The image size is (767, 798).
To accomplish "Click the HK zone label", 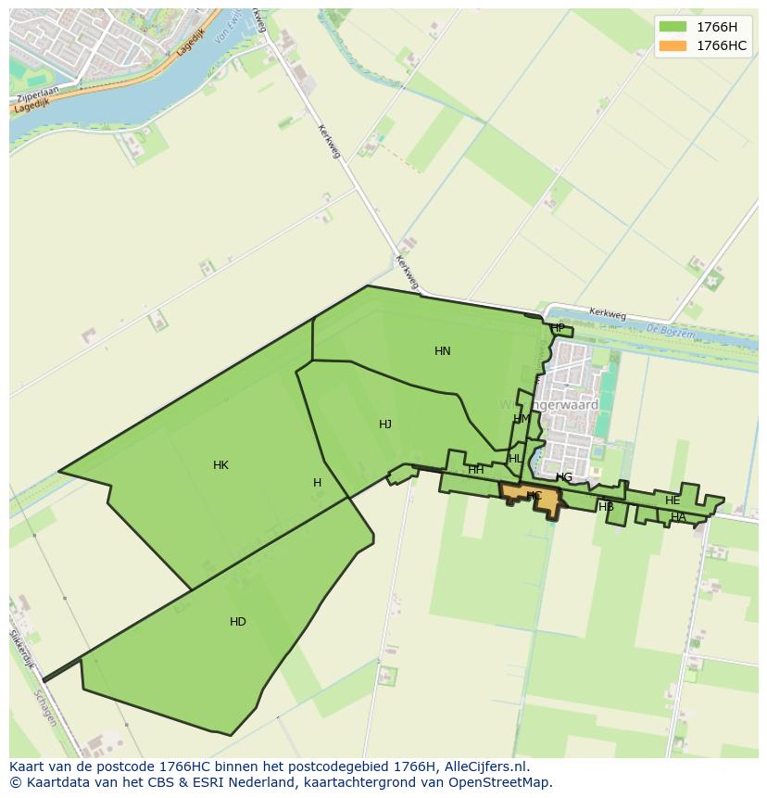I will pyautogui.click(x=220, y=465).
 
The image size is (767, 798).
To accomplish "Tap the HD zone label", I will pyautogui.click(x=238, y=622).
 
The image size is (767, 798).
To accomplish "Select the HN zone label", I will pyautogui.click(x=443, y=351).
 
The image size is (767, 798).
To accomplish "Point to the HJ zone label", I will pyautogui.click(x=385, y=424).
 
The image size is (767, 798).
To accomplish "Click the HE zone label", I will pyautogui.click(x=673, y=500).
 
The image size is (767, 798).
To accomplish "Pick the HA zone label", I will pyautogui.click(x=678, y=517).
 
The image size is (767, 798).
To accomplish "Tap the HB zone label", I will pyautogui.click(x=607, y=507).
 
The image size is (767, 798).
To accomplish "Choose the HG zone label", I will pyautogui.click(x=564, y=477).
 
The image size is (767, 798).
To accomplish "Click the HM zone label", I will pyautogui.click(x=522, y=419).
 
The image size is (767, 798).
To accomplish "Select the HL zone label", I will pyautogui.click(x=515, y=459).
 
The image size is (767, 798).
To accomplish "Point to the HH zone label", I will pyautogui.click(x=476, y=470).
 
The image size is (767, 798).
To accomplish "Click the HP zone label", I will pyautogui.click(x=558, y=328).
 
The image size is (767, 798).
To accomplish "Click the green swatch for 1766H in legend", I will pyautogui.click(x=673, y=27).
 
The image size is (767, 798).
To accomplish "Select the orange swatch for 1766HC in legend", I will pyautogui.click(x=673, y=45).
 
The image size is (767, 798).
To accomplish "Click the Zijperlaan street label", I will pyautogui.click(x=37, y=95).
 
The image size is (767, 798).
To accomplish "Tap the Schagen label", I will pyautogui.click(x=44, y=708).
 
